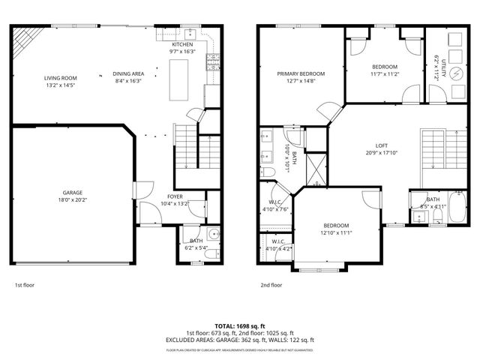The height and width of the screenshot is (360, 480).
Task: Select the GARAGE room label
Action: coord(73,192)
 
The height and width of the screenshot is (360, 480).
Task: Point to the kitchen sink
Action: coord(190,33)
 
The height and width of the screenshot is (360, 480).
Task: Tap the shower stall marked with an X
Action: coord(316,169)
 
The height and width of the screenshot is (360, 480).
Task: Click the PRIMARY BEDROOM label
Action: coord(301,73)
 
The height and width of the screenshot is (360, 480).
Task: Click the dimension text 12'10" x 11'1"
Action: coord(336,233)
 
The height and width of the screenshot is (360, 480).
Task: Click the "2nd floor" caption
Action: coord(271,285)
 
